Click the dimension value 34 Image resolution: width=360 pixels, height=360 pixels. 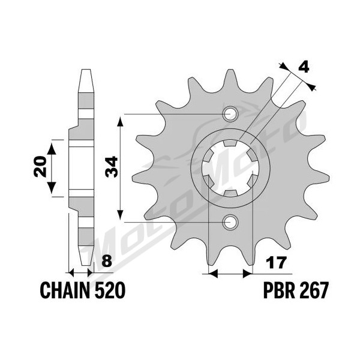coord(112,167)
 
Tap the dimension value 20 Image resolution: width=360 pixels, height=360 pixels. coord(40,166)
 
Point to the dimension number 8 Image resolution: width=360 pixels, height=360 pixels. coord(107,261)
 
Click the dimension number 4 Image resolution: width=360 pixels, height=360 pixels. coord(304,68)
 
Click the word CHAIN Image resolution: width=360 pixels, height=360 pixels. coord(65,290)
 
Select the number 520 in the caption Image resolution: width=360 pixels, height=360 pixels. coord(110,290)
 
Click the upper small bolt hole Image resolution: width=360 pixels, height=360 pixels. coord(230,114)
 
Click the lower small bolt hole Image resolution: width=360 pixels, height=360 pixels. coord(230,222)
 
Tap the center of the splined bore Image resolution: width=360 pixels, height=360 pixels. coord(230,168)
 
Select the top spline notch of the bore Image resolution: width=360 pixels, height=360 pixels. coord(230,143)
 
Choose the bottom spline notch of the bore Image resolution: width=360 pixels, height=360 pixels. coord(230,193)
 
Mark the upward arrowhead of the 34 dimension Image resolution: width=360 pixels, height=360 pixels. coord(120,121)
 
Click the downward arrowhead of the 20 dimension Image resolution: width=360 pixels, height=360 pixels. coord(52,187)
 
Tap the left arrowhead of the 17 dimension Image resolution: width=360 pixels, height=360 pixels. coord(212,274)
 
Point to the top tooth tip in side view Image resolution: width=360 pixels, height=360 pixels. coord(86,70)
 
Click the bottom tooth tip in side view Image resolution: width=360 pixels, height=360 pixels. coord(86,265)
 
